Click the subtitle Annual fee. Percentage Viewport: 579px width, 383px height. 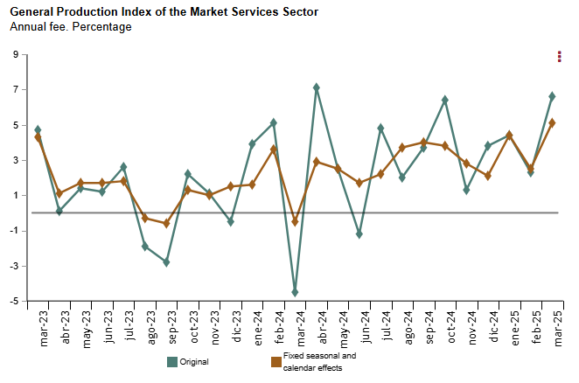(71, 27)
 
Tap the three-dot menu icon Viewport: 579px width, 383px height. (560, 57)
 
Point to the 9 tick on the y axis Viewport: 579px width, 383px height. (16, 55)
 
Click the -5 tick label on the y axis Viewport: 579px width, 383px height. (14, 301)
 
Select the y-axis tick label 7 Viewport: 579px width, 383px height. (16, 90)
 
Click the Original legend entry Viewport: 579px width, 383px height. (189, 361)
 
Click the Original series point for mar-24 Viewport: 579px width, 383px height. (295, 292)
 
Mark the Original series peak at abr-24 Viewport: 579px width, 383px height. (316, 87)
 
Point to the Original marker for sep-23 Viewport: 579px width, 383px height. (166, 262)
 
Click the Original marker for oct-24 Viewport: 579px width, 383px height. (444, 100)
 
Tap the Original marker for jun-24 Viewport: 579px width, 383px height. (359, 234)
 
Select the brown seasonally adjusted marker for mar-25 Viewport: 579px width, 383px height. (552, 122)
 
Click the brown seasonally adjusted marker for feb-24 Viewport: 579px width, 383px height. (273, 149)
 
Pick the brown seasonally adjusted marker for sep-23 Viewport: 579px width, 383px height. (166, 223)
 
